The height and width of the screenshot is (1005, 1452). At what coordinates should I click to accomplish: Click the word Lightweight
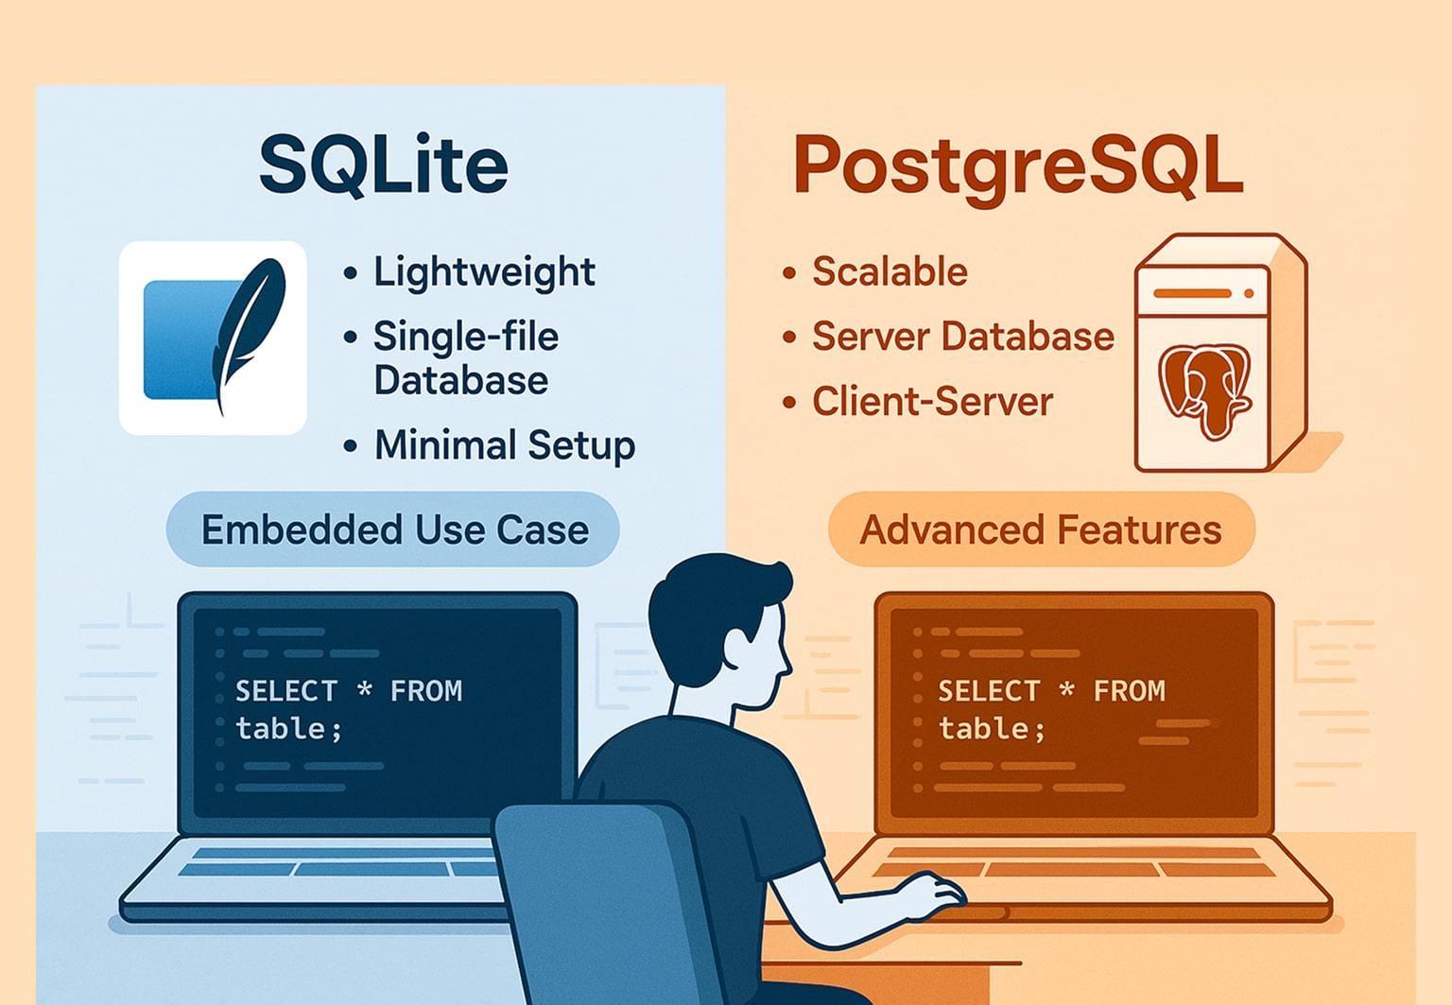coord(484,272)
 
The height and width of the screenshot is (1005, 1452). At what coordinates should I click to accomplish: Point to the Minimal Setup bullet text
coord(505,446)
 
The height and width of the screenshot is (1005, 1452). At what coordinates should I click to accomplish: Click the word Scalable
coord(890,271)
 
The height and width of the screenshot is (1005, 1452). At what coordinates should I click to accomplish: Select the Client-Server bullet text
coord(932,402)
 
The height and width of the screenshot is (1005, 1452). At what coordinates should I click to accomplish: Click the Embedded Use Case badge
coord(393,529)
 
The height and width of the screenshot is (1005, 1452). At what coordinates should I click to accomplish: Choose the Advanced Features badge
coord(1041,529)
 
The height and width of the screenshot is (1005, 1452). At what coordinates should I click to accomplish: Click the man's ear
coord(740,649)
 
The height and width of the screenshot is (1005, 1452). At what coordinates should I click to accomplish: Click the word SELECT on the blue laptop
coord(285,690)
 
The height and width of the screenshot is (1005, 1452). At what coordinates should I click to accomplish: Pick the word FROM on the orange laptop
coord(1129,690)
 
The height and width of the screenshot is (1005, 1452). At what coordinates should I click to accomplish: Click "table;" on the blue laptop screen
coord(287,729)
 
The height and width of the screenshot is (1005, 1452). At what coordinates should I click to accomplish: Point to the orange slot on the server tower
coord(1193,293)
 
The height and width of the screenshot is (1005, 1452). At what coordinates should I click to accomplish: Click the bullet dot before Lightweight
coord(350,273)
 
